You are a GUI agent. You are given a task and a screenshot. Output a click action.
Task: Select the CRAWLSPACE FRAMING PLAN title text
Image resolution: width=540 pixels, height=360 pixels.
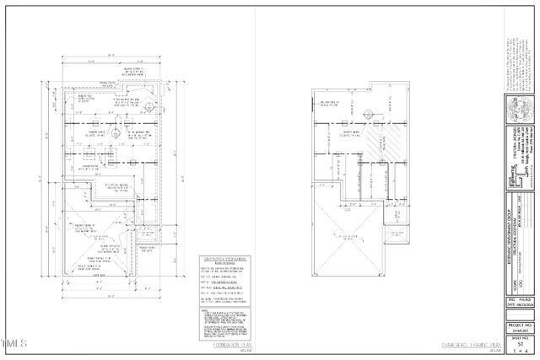(473, 344)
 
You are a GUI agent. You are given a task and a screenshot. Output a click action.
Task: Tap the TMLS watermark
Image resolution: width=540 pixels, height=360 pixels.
(14, 343)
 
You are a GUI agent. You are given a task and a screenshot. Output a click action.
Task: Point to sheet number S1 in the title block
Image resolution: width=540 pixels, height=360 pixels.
(520, 343)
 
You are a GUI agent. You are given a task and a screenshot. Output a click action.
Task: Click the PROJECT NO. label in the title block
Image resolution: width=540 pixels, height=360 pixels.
(520, 324)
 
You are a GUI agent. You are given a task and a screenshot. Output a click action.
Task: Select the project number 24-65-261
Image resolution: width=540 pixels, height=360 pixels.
(520, 330)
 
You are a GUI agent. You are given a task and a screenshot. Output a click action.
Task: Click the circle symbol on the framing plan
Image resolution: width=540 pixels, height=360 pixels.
(368, 115)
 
